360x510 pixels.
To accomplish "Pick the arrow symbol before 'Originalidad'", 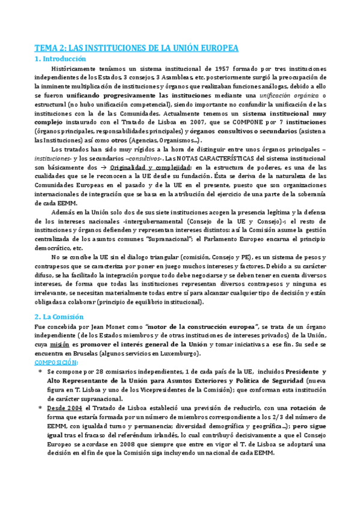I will click(x=86, y=166).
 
